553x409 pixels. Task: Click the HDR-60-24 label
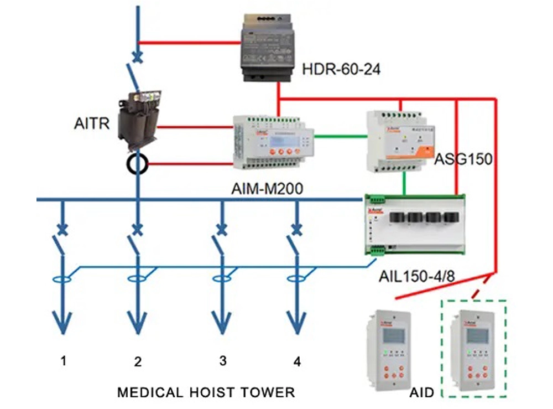(x=342, y=70)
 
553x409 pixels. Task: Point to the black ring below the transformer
(x=137, y=164)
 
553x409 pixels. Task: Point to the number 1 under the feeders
(x=64, y=361)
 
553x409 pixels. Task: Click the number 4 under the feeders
(x=298, y=362)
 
